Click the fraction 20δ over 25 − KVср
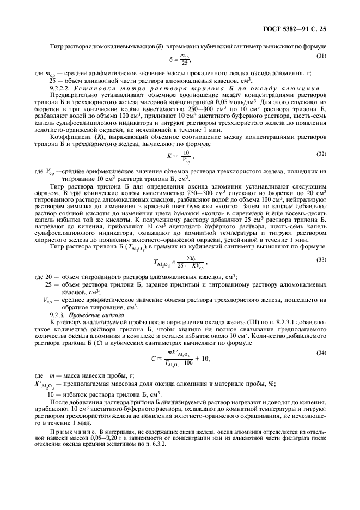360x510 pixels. click(190, 263)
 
